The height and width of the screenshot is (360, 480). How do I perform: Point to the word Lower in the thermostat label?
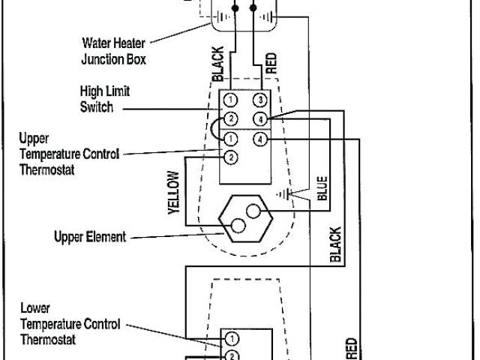[x=36, y=307]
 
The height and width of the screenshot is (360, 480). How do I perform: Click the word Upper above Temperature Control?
[x=35, y=139]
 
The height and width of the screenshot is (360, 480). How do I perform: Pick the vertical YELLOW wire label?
[x=174, y=193]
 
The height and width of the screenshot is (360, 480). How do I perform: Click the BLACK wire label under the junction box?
[x=217, y=65]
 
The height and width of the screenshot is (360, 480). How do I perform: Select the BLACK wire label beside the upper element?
[x=336, y=244]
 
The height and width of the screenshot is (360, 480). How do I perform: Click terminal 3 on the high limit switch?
[x=259, y=100]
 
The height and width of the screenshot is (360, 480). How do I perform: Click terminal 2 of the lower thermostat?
[x=232, y=355]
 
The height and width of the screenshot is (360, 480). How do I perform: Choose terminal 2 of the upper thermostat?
[x=232, y=157]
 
